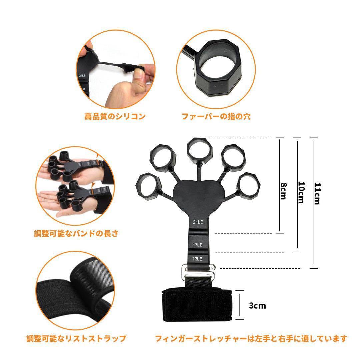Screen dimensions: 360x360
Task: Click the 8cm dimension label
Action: coord(283,191)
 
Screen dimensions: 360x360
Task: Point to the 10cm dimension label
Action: coord(301,192)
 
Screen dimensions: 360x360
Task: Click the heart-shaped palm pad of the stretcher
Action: coord(198,196)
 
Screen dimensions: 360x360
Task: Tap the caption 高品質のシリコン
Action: coord(115,116)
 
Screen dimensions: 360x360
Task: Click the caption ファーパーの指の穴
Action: coord(216,116)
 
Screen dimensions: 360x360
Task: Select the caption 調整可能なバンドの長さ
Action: coord(76,233)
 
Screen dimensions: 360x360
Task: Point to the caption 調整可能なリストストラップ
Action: coord(76,339)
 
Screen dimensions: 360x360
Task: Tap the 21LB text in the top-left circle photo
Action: coord(83,76)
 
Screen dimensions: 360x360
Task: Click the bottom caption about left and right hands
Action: coord(251,339)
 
